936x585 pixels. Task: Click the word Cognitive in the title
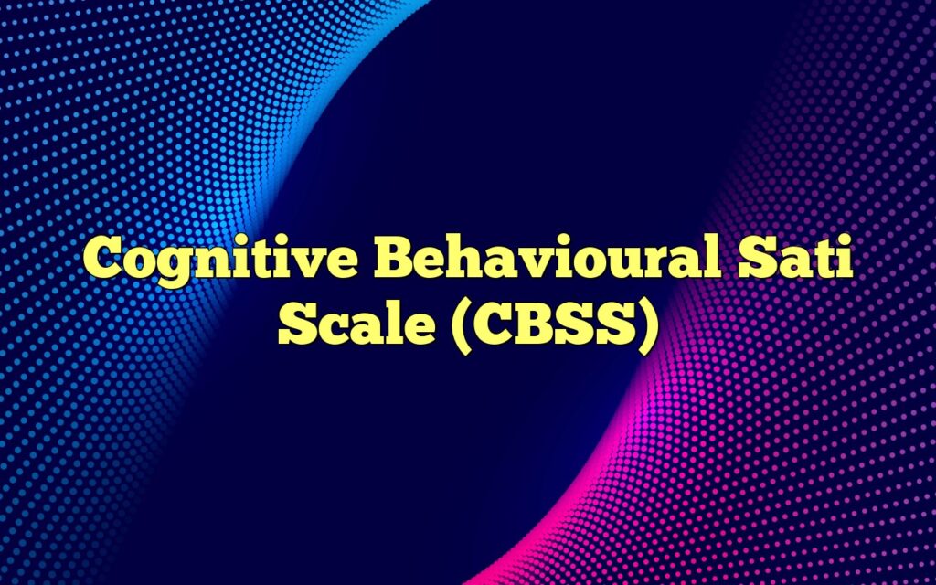(219, 263)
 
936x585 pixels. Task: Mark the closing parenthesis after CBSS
(646, 324)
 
